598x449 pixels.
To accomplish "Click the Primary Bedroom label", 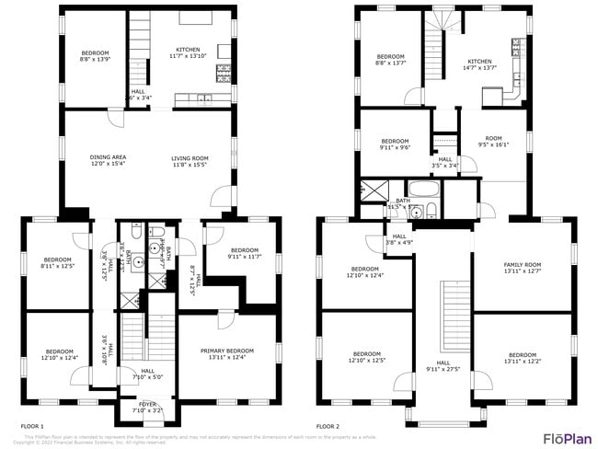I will pyautogui.click(x=227, y=354).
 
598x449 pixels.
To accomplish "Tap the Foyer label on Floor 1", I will pyautogui.click(x=147, y=407).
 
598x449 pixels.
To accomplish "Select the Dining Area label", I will pyautogui.click(x=108, y=161).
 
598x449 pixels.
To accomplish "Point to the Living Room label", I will pyautogui.click(x=190, y=161).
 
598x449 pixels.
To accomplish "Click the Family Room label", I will pyautogui.click(x=522, y=268).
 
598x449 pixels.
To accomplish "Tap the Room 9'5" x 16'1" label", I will pyautogui.click(x=493, y=141).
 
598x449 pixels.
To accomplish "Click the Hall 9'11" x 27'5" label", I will pyautogui.click(x=443, y=366).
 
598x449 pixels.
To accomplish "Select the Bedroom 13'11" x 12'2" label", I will pyautogui.click(x=522, y=358).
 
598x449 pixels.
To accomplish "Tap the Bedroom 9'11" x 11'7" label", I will pyautogui.click(x=244, y=253).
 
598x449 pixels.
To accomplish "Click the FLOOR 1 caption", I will pyautogui.click(x=32, y=427).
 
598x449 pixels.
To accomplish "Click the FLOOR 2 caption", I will pyautogui.click(x=328, y=427).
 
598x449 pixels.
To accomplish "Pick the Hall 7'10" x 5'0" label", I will pyautogui.click(x=147, y=374).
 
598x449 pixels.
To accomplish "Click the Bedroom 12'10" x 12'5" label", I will pyautogui.click(x=366, y=356).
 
